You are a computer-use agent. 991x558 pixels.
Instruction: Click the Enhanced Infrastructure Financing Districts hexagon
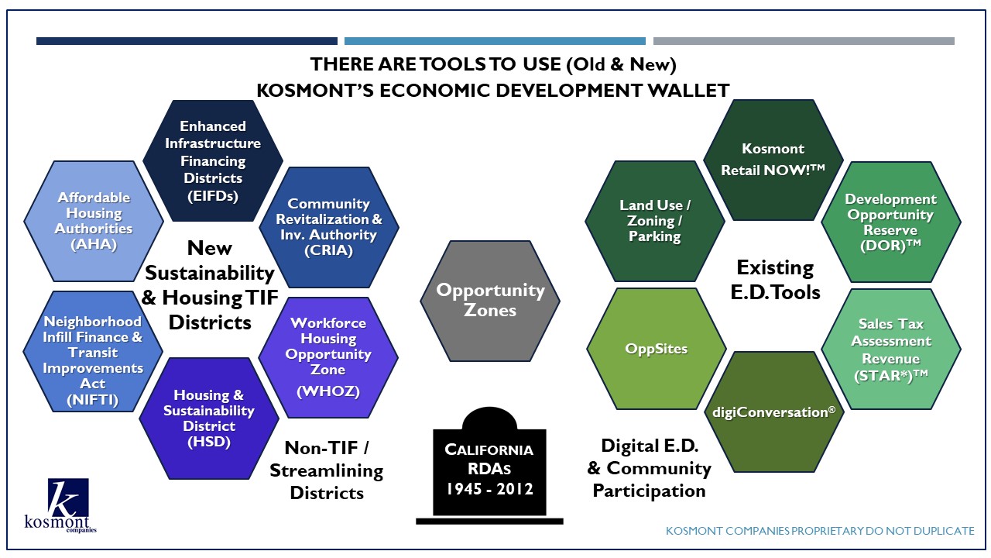pyautogui.click(x=213, y=160)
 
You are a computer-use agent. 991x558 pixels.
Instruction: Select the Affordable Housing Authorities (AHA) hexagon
pyautogui.click(x=94, y=221)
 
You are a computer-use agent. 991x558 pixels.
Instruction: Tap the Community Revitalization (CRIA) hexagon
pyautogui.click(x=329, y=227)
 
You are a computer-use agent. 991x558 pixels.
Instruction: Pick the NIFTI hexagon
pyautogui.click(x=93, y=352)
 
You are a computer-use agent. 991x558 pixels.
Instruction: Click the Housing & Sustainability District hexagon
pyautogui.click(x=209, y=418)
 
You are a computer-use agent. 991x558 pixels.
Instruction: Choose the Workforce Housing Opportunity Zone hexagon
pyautogui.click(x=328, y=357)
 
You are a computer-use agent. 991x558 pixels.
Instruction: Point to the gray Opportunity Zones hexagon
pyautogui.click(x=490, y=301)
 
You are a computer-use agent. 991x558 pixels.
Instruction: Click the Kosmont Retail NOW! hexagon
pyautogui.click(x=773, y=160)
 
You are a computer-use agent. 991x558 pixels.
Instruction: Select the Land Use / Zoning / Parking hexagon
pyautogui.click(x=655, y=221)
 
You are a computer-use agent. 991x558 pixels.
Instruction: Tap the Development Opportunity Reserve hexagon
pyautogui.click(x=891, y=222)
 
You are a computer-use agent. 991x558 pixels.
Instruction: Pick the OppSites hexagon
pyautogui.click(x=657, y=349)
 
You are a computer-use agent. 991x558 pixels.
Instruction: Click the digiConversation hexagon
pyautogui.click(x=774, y=412)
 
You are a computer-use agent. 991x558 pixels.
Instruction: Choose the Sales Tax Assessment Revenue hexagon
pyautogui.click(x=891, y=350)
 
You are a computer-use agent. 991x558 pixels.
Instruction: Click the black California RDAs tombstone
pyautogui.click(x=490, y=466)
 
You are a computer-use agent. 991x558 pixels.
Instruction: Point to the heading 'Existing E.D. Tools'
pyautogui.click(x=775, y=280)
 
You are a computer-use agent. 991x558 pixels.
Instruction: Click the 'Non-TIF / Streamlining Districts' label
pyautogui.click(x=327, y=470)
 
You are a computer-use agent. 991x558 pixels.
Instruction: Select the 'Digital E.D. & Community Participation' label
pyautogui.click(x=649, y=468)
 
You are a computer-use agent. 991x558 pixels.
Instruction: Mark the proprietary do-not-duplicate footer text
pyautogui.click(x=820, y=531)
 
